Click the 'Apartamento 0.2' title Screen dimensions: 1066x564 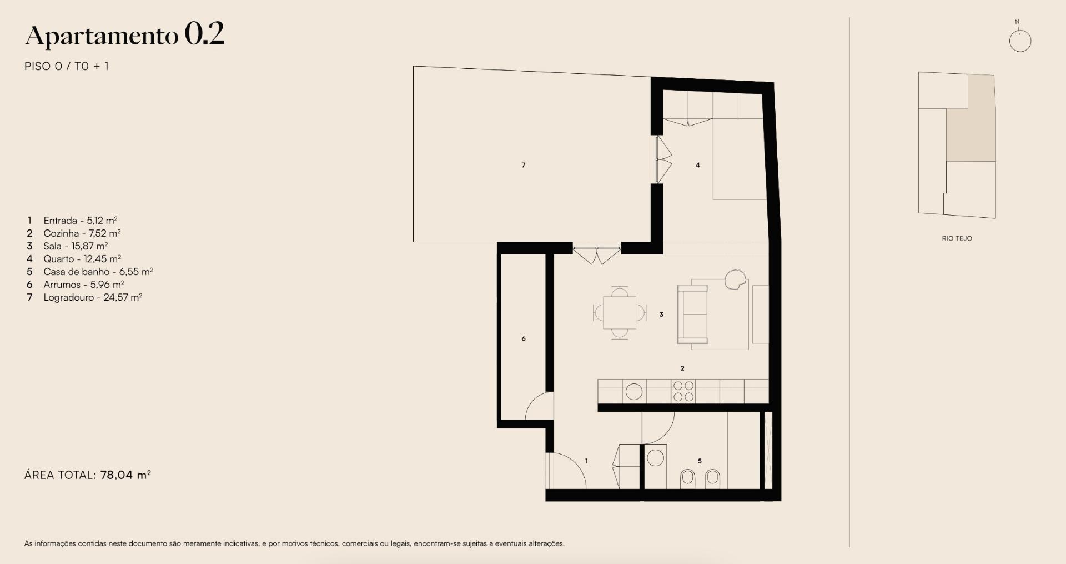pos(125,35)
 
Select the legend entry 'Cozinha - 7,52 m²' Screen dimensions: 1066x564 pos(82,233)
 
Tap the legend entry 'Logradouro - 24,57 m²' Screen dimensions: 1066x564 pos(93,297)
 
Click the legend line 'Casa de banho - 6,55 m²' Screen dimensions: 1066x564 pos(98,272)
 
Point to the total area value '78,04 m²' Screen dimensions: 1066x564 pos(126,475)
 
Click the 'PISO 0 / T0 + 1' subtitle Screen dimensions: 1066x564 pos(67,66)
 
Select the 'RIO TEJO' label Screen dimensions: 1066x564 pos(957,238)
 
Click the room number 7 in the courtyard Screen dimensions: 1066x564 pos(524,165)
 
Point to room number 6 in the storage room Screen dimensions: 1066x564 pos(524,338)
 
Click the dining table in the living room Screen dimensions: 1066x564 pos(620,313)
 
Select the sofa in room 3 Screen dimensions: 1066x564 pos(692,314)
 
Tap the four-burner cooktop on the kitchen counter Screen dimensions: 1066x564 pos(683,391)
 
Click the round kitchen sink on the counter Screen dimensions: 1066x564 pos(633,392)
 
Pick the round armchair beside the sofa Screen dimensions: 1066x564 pos(735,278)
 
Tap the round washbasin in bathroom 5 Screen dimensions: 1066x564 pos(656,458)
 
